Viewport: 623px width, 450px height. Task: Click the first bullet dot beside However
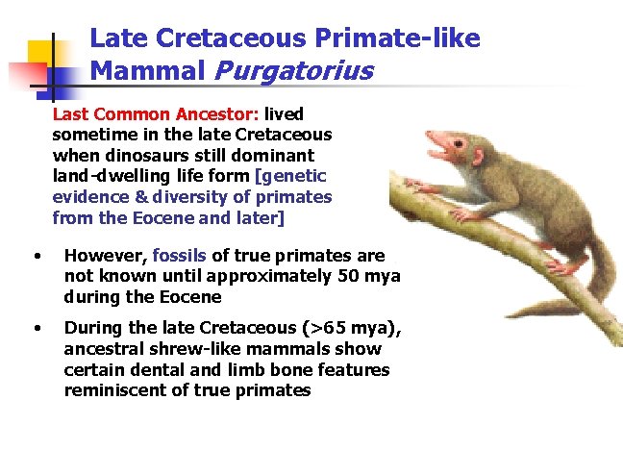pos(36,256)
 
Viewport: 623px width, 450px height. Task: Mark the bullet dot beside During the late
pos(36,328)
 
